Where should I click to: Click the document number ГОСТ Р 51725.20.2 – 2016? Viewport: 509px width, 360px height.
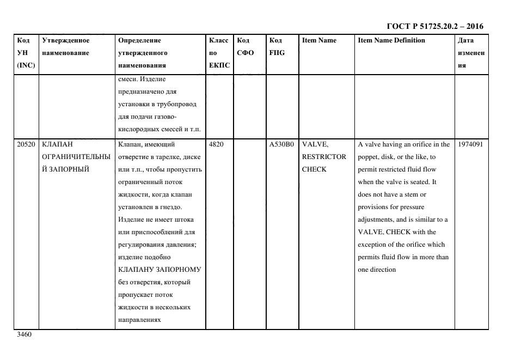pos(434,26)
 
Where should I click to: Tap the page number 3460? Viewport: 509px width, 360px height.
pos(24,334)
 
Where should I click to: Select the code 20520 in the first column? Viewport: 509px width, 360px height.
pos(26,144)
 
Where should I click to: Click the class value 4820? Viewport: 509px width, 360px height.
pos(216,144)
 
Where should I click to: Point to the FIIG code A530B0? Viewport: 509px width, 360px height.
pos(281,144)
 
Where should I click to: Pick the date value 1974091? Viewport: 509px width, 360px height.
pos(471,144)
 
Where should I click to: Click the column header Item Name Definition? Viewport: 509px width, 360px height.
pos(391,40)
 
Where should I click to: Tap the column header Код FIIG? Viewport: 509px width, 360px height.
pos(277,46)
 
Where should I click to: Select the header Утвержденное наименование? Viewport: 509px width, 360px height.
pos(66,46)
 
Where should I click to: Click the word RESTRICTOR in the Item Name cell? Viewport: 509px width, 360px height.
pos(324,157)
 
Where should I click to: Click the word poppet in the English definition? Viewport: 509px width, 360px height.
pos(368,157)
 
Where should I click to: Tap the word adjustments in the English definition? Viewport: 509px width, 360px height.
pos(378,219)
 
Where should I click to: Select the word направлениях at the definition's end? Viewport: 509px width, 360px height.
pos(139,320)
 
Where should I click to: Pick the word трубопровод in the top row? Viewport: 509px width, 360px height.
pos(178,104)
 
